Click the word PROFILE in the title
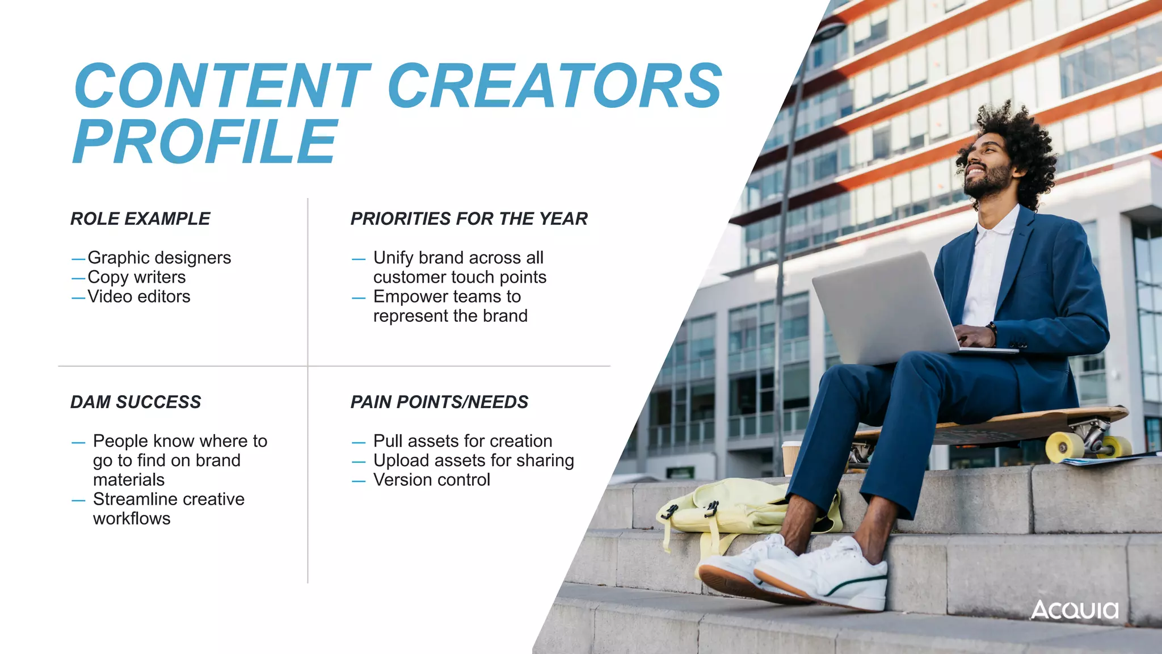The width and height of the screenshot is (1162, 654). click(205, 141)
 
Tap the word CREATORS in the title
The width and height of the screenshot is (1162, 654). click(554, 86)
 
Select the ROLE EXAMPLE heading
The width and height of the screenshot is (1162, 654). click(140, 219)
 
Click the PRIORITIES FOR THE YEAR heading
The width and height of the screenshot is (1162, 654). click(469, 219)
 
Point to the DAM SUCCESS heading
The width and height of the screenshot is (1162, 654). click(136, 402)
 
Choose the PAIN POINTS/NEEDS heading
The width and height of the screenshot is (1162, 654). click(439, 402)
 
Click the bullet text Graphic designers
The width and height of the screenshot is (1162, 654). click(159, 258)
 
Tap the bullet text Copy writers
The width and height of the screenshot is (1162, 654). click(136, 277)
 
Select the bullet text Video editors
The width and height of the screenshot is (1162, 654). click(138, 296)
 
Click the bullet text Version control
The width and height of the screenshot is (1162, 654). click(431, 480)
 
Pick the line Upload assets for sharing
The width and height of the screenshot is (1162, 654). click(473, 460)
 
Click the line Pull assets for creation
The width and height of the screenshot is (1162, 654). click(462, 441)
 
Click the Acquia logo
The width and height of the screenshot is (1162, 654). click(1074, 610)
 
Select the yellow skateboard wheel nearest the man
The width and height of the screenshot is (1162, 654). click(1064, 447)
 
